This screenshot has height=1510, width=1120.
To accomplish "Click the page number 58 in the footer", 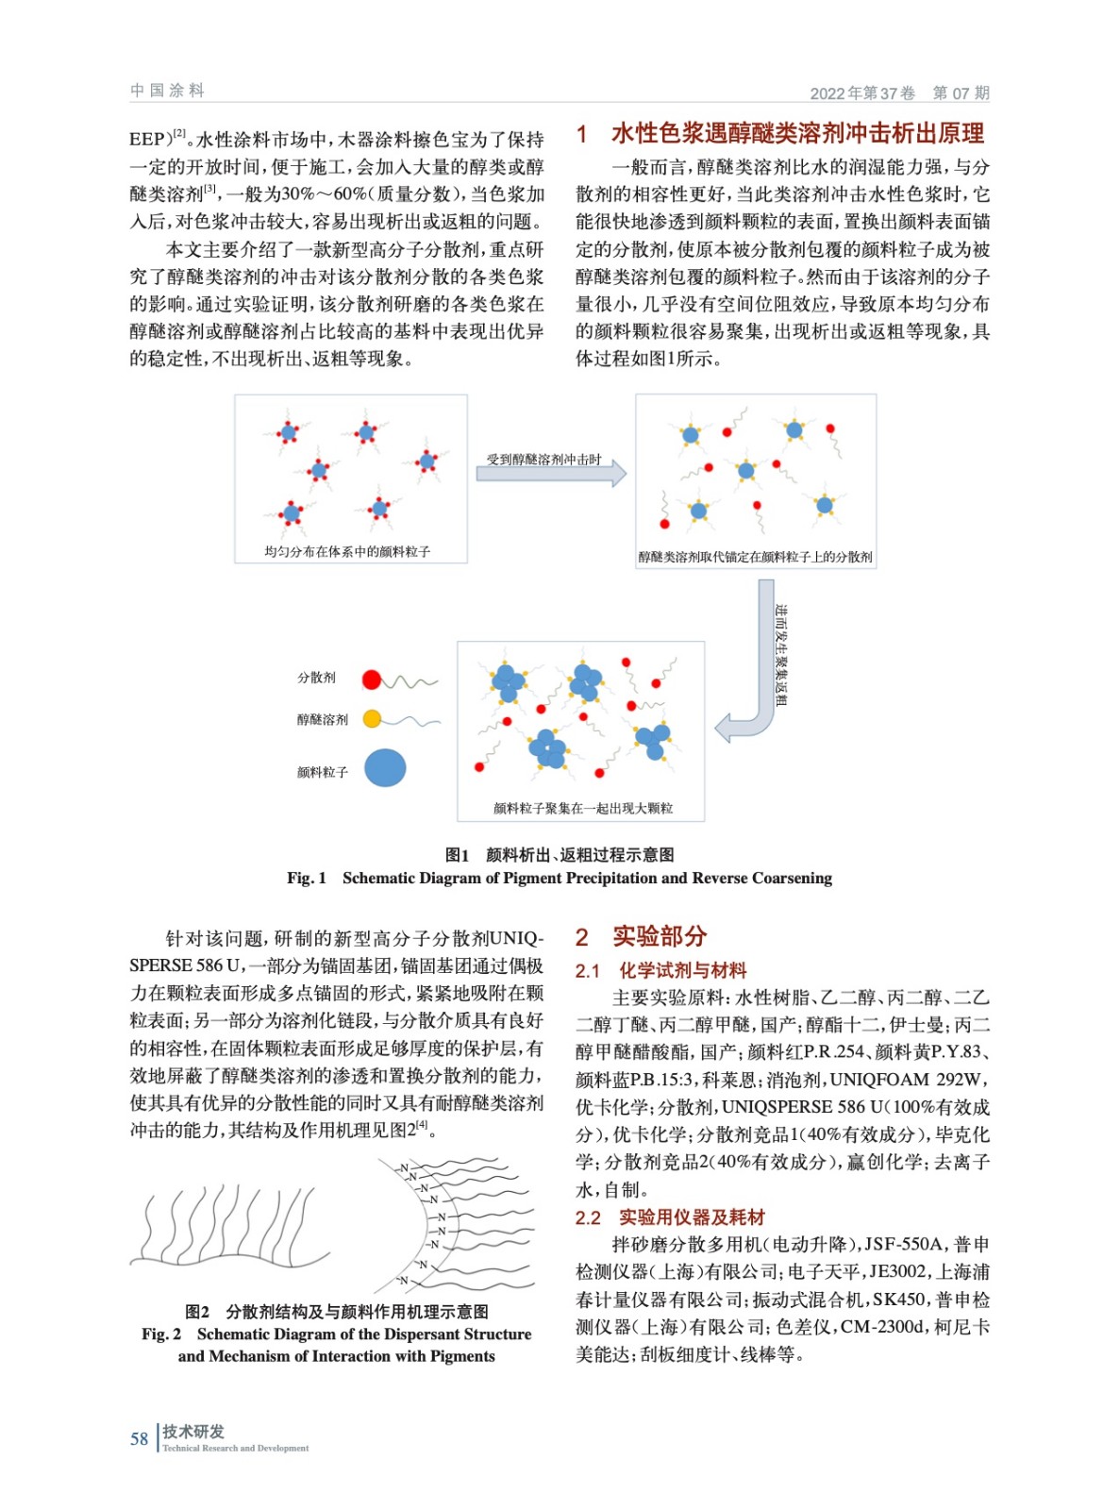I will coord(139,1439).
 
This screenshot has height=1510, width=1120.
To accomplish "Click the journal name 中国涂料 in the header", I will coord(167,91).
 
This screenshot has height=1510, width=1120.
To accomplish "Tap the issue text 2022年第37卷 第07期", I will coord(899,93).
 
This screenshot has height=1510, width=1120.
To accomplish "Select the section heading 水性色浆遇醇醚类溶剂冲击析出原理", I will coord(797,134).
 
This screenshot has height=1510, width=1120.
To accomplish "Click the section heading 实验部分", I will coord(659,936).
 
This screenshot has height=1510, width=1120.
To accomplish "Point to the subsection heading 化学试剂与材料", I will coord(682,970).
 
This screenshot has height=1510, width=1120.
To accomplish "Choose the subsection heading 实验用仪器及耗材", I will coord(692,1217).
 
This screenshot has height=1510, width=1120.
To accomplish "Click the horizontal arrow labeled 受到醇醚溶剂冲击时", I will coord(550,472).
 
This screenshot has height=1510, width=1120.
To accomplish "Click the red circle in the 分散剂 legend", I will coord(372,679).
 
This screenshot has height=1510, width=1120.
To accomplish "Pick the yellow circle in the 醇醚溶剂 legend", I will coord(372,719).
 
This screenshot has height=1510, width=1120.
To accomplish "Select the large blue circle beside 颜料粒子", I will coord(385,768).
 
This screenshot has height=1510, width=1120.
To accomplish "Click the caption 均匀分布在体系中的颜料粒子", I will coord(347,552).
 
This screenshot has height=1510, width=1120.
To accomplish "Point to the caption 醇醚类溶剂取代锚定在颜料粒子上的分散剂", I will coord(755,558).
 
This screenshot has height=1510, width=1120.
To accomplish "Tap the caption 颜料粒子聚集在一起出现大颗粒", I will coord(582,809).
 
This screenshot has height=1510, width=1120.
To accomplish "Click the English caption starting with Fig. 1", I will coord(560,879).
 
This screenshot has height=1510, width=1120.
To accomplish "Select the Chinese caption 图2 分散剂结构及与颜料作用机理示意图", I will coord(337,1312).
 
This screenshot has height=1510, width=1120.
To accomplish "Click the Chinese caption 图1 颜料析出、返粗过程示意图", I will coord(560,855).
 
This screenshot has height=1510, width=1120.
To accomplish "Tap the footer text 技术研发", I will coord(193,1432).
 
